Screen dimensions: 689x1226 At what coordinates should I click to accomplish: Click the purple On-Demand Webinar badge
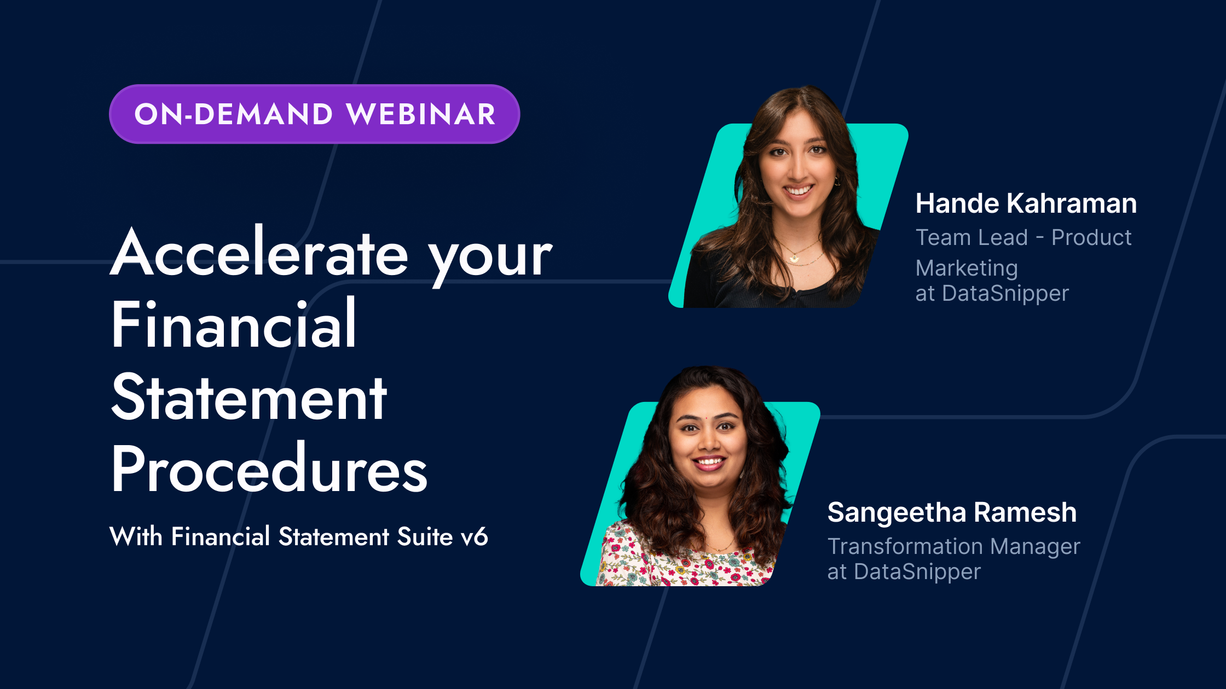314,114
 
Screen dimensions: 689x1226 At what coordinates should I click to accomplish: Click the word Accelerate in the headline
259,253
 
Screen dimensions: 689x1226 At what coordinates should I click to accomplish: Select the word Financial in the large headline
234,325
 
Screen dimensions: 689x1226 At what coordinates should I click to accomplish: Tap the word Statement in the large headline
249,398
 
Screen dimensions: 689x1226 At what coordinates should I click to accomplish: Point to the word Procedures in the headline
269,469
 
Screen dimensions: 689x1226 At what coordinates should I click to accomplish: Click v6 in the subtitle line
474,537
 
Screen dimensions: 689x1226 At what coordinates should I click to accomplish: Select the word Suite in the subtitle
425,536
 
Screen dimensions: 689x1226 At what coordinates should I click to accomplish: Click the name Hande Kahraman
1026,203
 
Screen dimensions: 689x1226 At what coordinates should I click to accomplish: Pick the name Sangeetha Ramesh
952,512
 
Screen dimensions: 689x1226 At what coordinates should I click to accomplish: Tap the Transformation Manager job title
953,546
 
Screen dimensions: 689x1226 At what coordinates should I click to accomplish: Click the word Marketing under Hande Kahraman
967,268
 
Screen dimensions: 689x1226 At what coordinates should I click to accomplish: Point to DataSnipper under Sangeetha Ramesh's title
917,572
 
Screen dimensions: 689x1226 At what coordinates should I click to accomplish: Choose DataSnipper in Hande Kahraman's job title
1005,294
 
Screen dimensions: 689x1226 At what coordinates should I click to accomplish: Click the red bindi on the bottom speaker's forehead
707,417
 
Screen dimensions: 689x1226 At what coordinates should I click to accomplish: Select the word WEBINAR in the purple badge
421,114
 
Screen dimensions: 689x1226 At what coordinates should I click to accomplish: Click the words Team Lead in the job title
971,238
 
